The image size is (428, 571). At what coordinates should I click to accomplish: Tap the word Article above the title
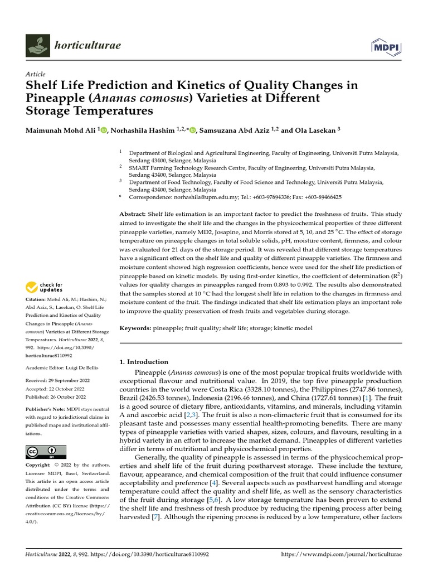pyautogui.click(x=36, y=74)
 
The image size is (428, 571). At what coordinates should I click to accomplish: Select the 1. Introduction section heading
pyautogui.click(x=144, y=362)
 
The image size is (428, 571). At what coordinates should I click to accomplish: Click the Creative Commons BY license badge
pyautogui.click(x=46, y=452)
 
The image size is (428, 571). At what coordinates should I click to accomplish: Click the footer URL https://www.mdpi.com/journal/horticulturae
pyautogui.click(x=342, y=555)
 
